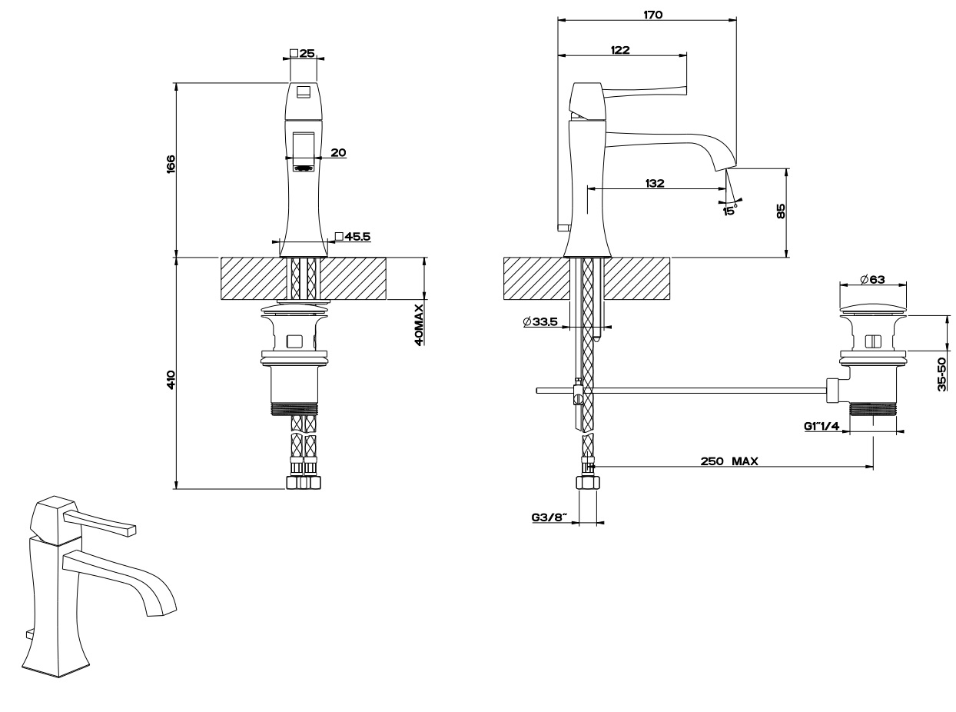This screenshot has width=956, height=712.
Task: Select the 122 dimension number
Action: [x=620, y=50]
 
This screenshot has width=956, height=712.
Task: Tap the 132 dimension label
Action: [x=655, y=183]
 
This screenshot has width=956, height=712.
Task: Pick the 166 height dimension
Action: [x=171, y=165]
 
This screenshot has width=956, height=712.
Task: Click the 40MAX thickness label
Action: [x=419, y=324]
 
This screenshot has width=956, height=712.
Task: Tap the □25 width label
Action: [x=303, y=54]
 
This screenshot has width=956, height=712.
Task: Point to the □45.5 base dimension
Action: [x=353, y=237]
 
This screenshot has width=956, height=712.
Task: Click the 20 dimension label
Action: [x=337, y=152]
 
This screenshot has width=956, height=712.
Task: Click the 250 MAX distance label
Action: [x=729, y=461]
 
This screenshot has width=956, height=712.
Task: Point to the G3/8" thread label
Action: [x=549, y=517]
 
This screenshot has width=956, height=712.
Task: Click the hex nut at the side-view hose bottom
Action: [x=587, y=484]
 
